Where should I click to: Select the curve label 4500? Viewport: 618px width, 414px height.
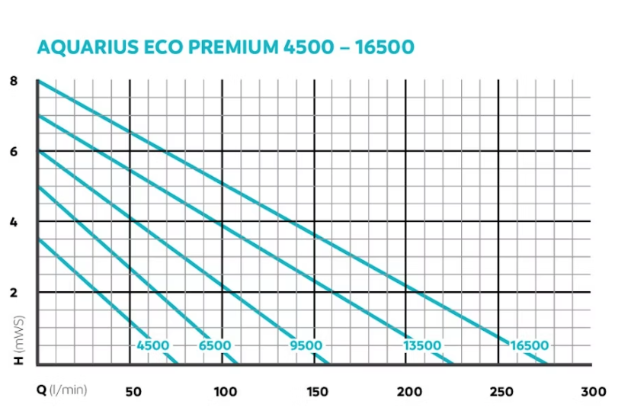click(153, 345)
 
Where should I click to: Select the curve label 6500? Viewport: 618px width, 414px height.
click(215, 345)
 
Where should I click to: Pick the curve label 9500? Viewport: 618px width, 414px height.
click(306, 345)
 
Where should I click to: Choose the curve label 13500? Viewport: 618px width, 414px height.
click(422, 345)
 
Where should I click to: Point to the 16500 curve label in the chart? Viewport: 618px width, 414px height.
click(529, 345)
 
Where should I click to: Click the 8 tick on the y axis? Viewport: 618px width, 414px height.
click(14, 81)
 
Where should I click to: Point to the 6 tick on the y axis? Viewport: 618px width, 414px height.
click(14, 151)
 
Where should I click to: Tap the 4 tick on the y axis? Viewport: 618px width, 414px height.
click(14, 222)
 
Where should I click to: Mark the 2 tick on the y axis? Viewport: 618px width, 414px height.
click(14, 292)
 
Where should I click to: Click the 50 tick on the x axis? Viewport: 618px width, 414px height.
click(133, 391)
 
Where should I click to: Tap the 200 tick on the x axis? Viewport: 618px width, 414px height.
click(409, 391)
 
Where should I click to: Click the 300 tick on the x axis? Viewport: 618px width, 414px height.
click(593, 391)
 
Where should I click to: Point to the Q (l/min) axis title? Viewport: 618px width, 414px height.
click(62, 390)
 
